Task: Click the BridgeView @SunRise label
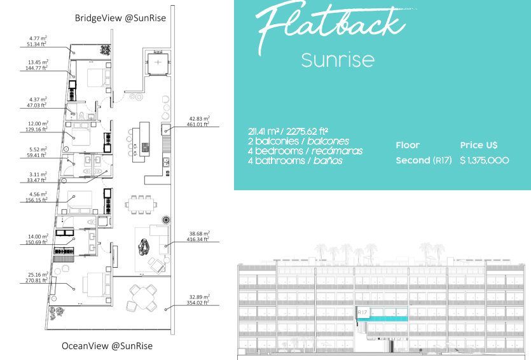120,18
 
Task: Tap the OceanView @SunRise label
107,346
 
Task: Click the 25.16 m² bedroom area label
38,277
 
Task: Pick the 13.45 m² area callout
38,65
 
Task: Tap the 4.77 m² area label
38,41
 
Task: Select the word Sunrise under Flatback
338,60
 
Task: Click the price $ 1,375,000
485,160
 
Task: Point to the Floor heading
408,145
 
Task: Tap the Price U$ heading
478,145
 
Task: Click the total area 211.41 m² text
288,132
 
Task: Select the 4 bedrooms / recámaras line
305,151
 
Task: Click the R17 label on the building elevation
362,312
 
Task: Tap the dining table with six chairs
141,204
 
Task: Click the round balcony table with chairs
142,297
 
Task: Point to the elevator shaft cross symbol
158,62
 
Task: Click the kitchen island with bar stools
140,142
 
